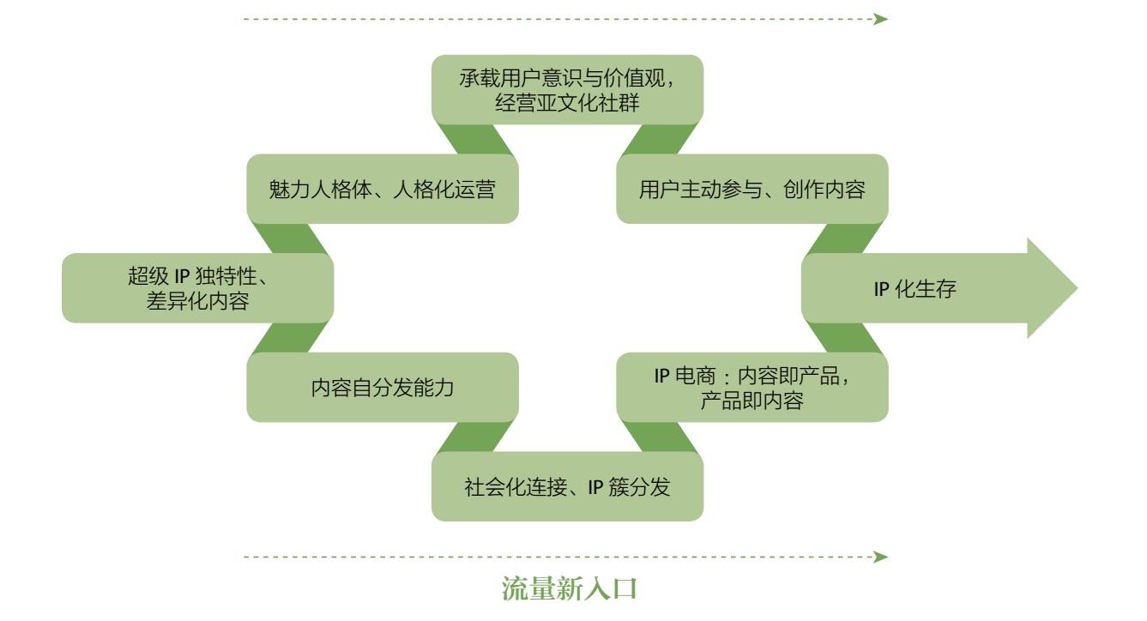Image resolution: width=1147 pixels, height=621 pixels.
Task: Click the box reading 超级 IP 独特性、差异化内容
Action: (x=197, y=288)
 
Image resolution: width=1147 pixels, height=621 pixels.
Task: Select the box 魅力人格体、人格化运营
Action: (x=383, y=190)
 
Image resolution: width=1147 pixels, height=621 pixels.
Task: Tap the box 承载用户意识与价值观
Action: (x=567, y=80)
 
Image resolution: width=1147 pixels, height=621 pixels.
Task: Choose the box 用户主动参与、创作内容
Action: (x=752, y=190)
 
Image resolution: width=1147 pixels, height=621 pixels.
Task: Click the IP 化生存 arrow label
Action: (x=915, y=289)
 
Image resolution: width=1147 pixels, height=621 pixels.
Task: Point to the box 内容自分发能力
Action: (x=383, y=388)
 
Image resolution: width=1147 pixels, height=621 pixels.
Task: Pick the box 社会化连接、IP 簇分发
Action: (x=567, y=487)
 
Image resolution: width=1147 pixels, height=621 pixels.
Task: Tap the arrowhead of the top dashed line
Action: (x=880, y=18)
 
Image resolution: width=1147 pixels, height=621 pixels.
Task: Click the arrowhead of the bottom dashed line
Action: (x=880, y=558)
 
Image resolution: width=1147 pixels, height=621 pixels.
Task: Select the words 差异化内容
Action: (x=197, y=301)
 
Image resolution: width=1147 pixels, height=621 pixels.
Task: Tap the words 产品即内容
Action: (x=752, y=401)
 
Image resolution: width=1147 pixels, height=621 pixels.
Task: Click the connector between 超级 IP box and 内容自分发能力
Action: (x=290, y=339)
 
